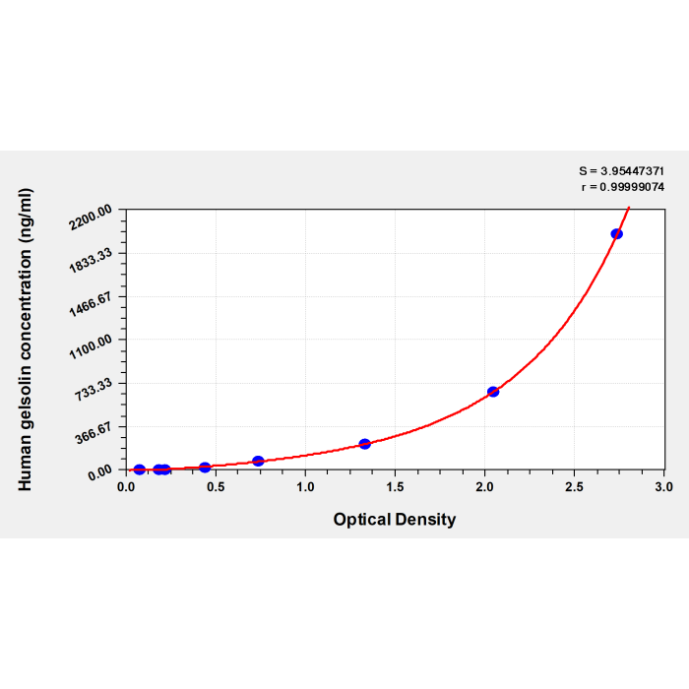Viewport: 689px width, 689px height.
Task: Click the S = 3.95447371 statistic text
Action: pos(621,171)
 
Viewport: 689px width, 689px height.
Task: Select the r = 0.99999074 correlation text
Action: pos(623,187)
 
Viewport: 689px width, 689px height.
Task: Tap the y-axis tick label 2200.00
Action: pos(91,218)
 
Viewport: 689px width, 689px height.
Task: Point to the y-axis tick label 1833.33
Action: pos(91,261)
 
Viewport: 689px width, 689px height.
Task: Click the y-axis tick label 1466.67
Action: pos(91,304)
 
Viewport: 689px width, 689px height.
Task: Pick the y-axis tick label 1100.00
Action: pos(91,347)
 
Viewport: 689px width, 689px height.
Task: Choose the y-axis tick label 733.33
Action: pos(94,390)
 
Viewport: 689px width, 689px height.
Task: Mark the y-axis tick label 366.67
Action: pos(94,433)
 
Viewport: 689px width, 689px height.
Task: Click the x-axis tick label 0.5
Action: pos(216,487)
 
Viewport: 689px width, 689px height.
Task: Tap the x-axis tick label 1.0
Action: pos(305,487)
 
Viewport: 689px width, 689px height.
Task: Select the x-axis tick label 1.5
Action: pos(395,487)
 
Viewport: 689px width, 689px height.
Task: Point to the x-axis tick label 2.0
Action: pos(484,487)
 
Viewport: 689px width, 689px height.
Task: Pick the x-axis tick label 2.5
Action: pos(574,487)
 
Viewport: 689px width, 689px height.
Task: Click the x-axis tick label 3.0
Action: pos(664,487)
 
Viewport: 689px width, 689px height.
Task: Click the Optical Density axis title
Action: pos(395,520)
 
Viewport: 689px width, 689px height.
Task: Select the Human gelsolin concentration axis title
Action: pos(25,340)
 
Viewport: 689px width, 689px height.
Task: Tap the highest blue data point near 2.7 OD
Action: pos(616,234)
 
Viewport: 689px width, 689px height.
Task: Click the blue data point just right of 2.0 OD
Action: pos(493,392)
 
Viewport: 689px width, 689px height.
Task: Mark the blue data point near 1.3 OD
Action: pos(365,444)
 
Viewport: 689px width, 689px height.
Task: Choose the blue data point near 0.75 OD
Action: pos(258,461)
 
